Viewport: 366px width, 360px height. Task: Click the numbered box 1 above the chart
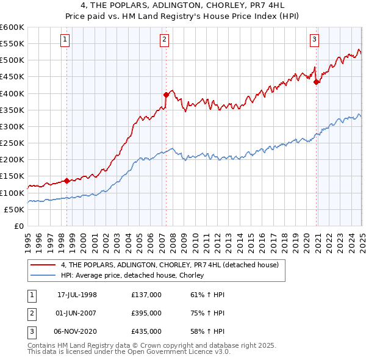tap(65, 40)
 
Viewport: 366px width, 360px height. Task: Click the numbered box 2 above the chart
tap(165, 40)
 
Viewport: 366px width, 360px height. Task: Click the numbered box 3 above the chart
tap(315, 40)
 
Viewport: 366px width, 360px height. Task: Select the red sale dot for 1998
tap(66, 180)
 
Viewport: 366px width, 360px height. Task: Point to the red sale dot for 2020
tap(317, 82)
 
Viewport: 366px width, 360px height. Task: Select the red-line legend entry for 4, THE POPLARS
tap(170, 265)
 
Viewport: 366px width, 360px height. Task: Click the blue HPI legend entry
tap(135, 276)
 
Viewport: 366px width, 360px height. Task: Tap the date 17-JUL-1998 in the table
tap(77, 295)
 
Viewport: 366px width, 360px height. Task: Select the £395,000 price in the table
tap(146, 313)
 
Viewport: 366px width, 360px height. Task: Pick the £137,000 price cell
tap(146, 295)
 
